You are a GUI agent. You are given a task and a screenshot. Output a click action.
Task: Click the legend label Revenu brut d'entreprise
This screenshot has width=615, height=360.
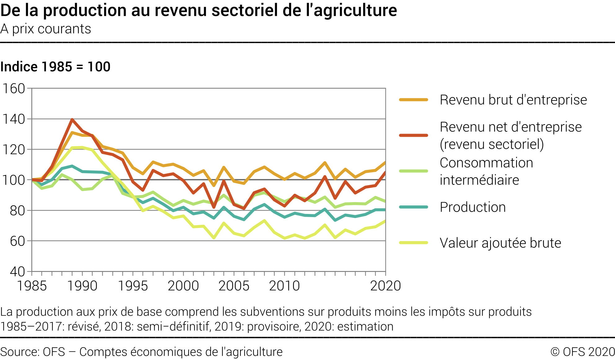click(513, 100)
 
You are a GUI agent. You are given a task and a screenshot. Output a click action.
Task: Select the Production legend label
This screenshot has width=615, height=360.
click(473, 207)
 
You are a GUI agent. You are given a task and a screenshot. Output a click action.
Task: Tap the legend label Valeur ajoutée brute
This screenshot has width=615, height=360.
click(500, 243)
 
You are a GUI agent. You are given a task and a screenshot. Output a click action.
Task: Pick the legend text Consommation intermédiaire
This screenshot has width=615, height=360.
click(486, 171)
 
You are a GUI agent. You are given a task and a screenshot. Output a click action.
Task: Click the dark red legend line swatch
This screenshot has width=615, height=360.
click(413, 136)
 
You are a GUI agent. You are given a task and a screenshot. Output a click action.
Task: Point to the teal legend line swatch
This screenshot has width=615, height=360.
click(413, 207)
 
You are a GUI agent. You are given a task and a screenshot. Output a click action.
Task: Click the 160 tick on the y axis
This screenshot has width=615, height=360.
click(14, 89)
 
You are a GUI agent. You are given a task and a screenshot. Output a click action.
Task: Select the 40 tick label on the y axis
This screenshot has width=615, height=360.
click(17, 272)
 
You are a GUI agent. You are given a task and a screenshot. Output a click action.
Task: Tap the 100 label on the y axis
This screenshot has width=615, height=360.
click(14, 180)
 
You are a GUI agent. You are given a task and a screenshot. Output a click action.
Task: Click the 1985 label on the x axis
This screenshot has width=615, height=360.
click(32, 286)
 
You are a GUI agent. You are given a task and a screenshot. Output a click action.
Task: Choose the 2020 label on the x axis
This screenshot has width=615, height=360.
click(385, 286)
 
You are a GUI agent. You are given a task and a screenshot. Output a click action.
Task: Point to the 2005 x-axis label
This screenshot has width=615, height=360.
click(234, 286)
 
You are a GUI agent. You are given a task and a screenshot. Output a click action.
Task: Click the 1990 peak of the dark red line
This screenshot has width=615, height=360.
click(72, 119)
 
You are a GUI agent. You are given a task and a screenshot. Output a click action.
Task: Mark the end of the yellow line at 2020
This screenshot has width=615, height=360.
click(385, 221)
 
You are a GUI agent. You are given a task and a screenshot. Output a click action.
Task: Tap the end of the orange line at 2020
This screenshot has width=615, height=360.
click(385, 162)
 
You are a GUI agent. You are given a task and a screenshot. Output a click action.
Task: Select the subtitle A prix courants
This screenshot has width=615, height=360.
click(46, 29)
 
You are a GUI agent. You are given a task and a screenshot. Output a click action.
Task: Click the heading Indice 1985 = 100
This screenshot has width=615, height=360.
click(55, 67)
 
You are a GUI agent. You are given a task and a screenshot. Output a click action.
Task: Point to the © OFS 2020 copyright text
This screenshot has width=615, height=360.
click(582, 352)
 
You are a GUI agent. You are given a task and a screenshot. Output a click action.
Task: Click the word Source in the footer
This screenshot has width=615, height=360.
click(19, 352)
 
